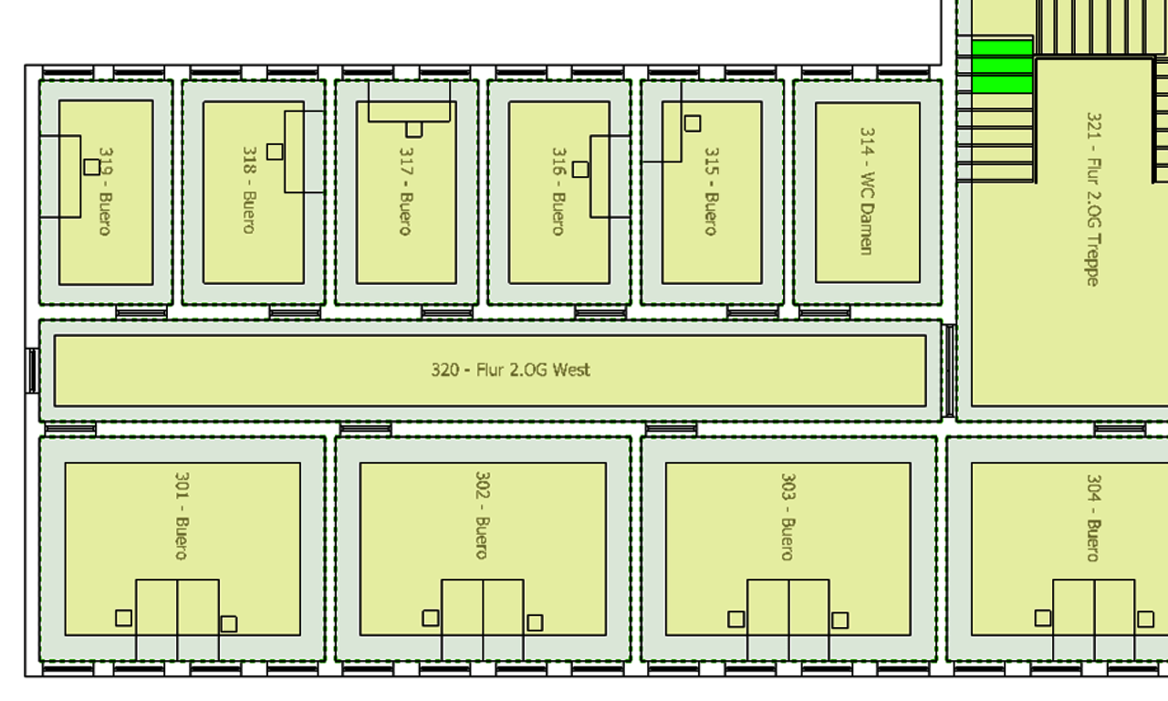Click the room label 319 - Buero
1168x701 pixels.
[105, 192]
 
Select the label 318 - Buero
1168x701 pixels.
[248, 190]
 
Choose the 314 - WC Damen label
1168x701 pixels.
[867, 190]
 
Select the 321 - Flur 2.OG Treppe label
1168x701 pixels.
[1093, 199]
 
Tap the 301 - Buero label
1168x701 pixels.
[182, 515]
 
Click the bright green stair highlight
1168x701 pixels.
[1001, 66]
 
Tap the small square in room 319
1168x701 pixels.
[92, 167]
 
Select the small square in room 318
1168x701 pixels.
[275, 152]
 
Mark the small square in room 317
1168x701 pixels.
[414, 130]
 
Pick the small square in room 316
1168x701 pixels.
[580, 170]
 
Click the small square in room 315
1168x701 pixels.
[693, 123]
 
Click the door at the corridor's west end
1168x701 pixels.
[32, 371]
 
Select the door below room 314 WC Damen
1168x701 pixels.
[824, 313]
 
